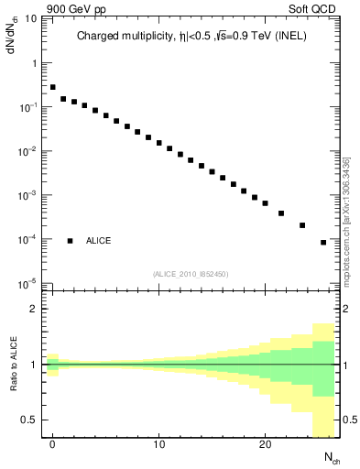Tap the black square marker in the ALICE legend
pos(70,241)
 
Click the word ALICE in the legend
pos(99,241)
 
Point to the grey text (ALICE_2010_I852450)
pos(191,273)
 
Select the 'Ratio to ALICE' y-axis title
pos(14,365)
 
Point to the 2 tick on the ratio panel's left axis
pos(33,309)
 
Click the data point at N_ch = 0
pos(53,87)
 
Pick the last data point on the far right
pos(323,243)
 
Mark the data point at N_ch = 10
pos(158,144)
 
